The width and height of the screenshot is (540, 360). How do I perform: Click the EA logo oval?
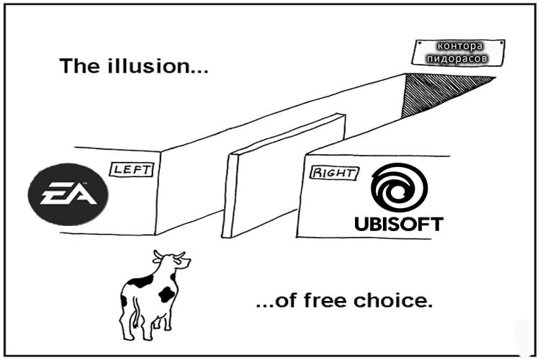click(x=68, y=194)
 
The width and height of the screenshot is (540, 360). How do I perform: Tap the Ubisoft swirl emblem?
click(x=399, y=188)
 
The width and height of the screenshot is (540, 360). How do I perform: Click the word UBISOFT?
click(x=399, y=224)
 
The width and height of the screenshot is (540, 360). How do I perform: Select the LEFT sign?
click(x=131, y=169)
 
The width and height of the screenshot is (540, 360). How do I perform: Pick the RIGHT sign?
click(x=333, y=173)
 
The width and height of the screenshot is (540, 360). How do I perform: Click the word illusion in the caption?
click(x=158, y=66)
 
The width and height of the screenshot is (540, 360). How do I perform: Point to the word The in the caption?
click(x=80, y=66)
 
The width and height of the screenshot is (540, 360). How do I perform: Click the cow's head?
click(x=174, y=261)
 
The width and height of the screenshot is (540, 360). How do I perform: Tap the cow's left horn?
click(x=158, y=256)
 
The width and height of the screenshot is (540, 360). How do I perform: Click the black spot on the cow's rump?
click(x=167, y=294)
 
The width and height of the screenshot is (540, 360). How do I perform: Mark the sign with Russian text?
click(x=458, y=53)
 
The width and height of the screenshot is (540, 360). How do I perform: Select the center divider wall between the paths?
click(x=284, y=176)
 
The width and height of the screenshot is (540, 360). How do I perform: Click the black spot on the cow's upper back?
click(x=141, y=282)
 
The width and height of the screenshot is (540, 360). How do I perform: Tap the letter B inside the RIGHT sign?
click(x=316, y=172)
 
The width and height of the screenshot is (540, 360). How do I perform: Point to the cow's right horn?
click(x=180, y=255)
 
